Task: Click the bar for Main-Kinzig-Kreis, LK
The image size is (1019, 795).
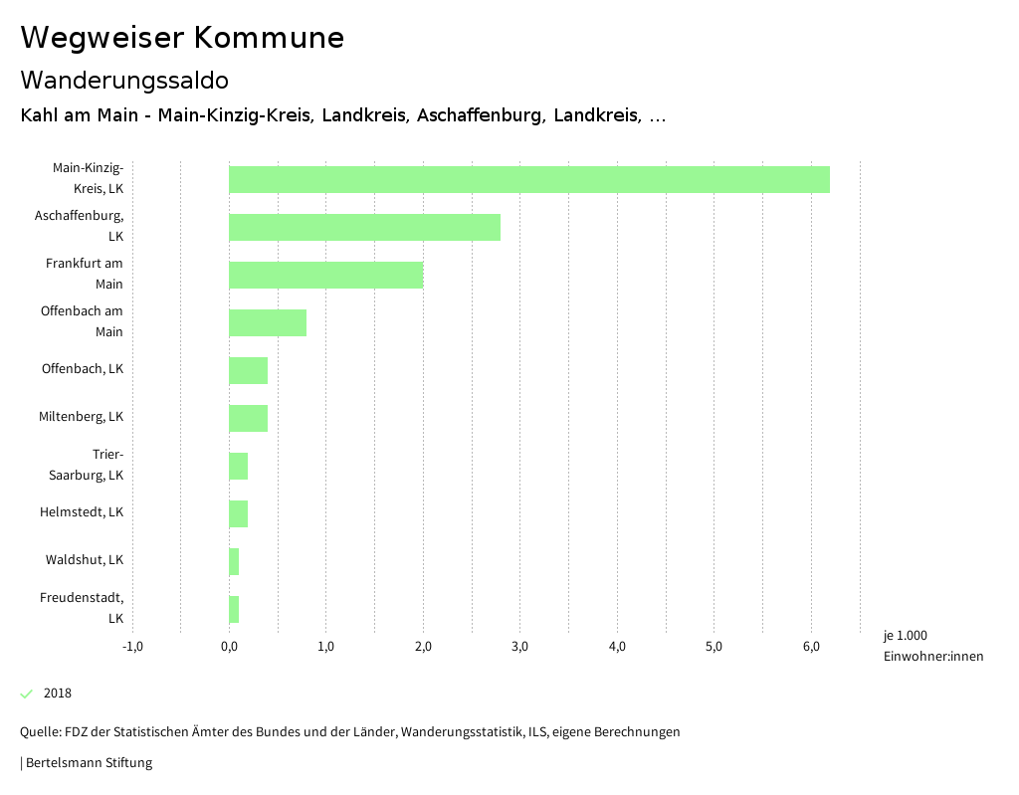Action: (528, 179)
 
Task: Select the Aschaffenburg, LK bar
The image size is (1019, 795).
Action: (364, 227)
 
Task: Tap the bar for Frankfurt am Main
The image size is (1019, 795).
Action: (325, 275)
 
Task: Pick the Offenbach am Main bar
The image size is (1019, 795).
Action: (267, 322)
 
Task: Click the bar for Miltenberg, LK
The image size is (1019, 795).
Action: (248, 418)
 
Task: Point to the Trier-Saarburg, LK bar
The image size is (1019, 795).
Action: (238, 466)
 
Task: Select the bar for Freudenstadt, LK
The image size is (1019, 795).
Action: (234, 609)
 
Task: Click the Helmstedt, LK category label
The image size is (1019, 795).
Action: (82, 512)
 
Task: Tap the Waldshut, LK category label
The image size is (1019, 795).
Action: (85, 560)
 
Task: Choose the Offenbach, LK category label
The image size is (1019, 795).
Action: (83, 369)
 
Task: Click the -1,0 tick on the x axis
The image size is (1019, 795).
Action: (132, 647)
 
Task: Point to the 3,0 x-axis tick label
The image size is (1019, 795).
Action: (519, 647)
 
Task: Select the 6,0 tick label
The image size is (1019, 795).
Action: (811, 647)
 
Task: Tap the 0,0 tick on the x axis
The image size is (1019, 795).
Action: (229, 647)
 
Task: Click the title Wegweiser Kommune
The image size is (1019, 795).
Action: (182, 38)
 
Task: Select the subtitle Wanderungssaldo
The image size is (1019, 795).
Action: (124, 80)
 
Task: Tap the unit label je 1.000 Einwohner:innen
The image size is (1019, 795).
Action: (932, 646)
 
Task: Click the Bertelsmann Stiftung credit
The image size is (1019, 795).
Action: (88, 763)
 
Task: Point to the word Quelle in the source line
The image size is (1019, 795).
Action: (39, 732)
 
